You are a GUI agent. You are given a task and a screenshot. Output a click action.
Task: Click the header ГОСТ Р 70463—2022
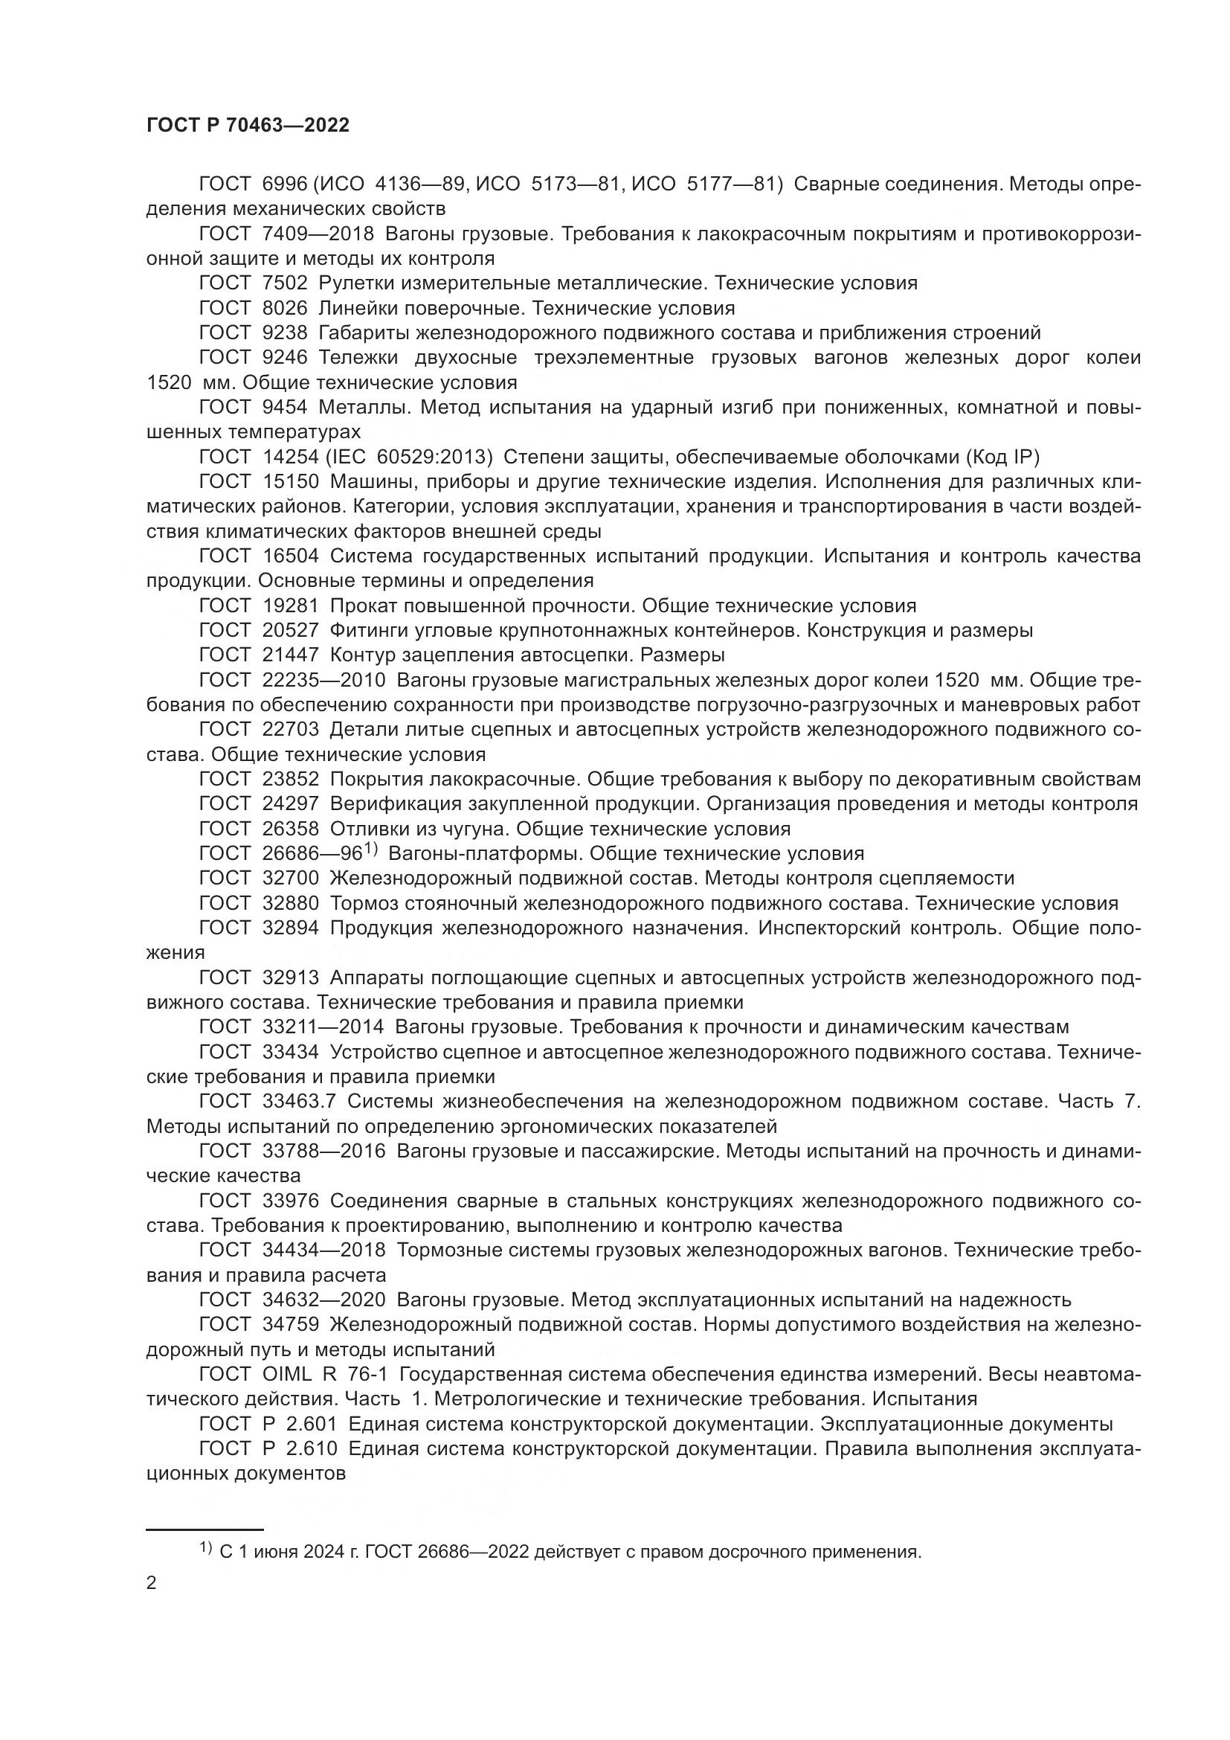[x=248, y=126]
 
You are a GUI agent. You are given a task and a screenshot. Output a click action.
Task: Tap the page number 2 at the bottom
[x=152, y=1582]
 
